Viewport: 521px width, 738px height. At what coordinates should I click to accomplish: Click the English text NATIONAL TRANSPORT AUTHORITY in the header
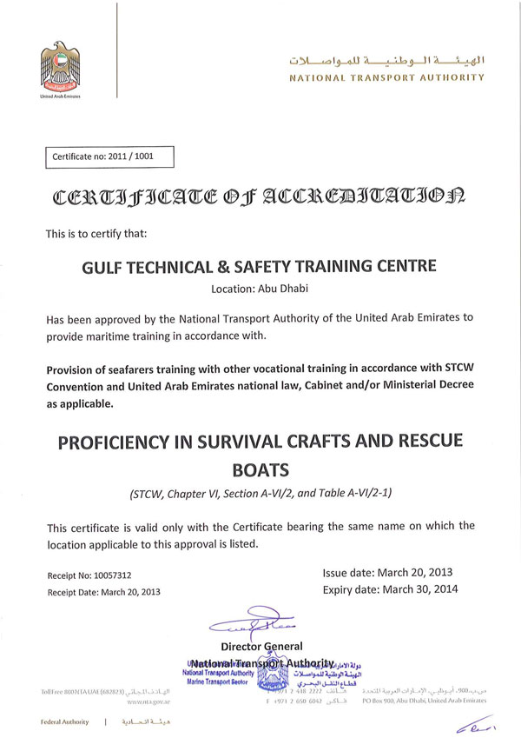(x=386, y=77)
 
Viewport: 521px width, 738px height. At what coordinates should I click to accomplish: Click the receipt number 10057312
(x=115, y=575)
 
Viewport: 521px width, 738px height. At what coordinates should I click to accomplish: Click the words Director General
(x=261, y=646)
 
